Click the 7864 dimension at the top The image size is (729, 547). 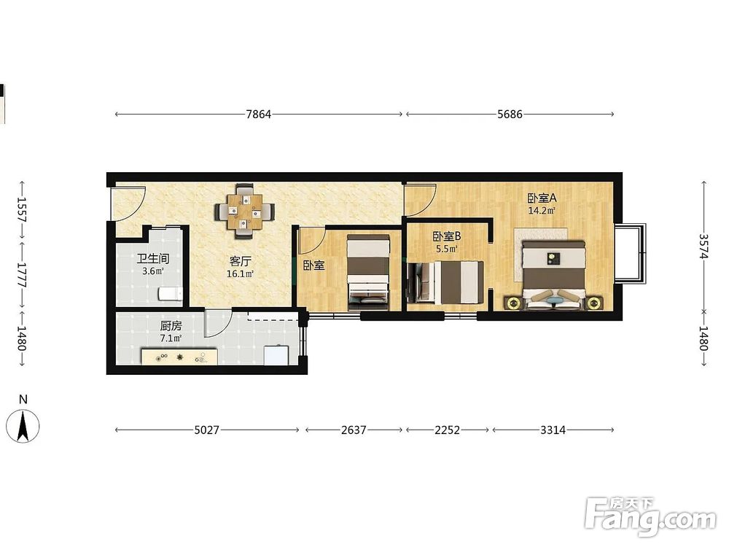pyautogui.click(x=259, y=115)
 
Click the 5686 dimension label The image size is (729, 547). pyautogui.click(x=510, y=115)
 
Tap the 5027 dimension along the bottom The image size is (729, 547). pyautogui.click(x=206, y=430)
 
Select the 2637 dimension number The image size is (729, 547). pyautogui.click(x=354, y=430)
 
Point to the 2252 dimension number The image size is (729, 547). pyautogui.click(x=448, y=430)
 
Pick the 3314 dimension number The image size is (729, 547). pyautogui.click(x=553, y=430)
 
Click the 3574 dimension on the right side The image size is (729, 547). pyautogui.click(x=703, y=246)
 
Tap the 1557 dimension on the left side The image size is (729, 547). pyautogui.click(x=22, y=209)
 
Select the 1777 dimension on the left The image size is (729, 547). pyautogui.click(x=22, y=276)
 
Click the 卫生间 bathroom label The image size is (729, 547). pyautogui.click(x=153, y=259)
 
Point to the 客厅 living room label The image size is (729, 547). pyautogui.click(x=240, y=261)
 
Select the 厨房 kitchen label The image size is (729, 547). pyautogui.click(x=171, y=326)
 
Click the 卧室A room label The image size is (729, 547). pyautogui.click(x=542, y=198)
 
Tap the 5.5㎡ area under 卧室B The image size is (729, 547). pyautogui.click(x=446, y=249)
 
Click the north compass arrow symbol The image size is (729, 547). pyautogui.click(x=23, y=426)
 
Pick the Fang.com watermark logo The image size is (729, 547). pyautogui.click(x=650, y=516)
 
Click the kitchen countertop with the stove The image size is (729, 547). pyautogui.click(x=180, y=357)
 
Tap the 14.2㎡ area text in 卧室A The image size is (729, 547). pyautogui.click(x=542, y=211)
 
